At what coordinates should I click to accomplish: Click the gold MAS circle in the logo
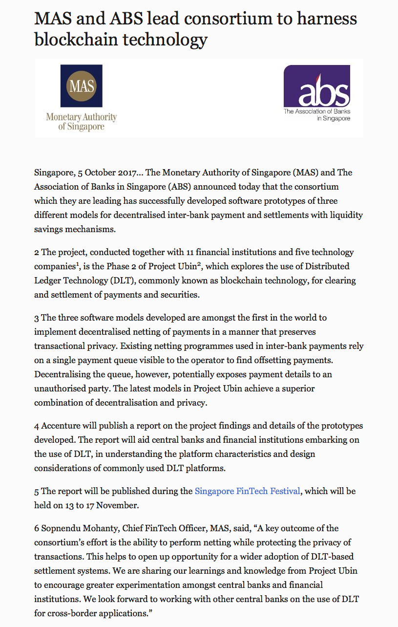click(81, 86)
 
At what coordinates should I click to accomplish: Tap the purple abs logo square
click(316, 86)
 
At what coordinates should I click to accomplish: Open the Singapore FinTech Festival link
click(247, 491)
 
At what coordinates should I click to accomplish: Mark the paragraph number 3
click(37, 318)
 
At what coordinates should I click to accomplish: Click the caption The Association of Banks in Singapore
click(317, 114)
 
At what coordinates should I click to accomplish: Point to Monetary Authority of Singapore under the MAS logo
click(81, 122)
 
